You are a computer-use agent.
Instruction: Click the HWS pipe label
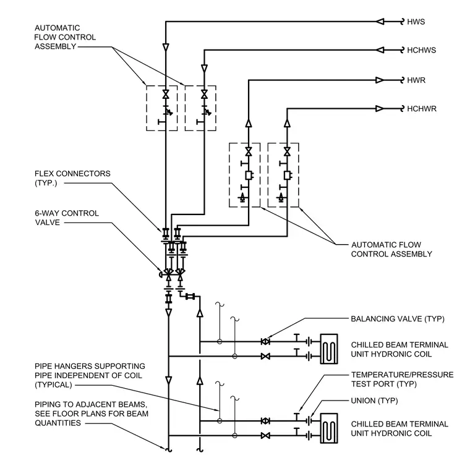[x=416, y=22]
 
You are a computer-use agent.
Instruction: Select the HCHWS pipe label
[x=421, y=50]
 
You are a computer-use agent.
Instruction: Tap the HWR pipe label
[x=416, y=80]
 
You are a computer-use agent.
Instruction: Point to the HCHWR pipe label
[x=421, y=108]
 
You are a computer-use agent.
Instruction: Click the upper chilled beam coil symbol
[x=329, y=349]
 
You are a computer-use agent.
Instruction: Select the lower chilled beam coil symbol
[x=329, y=428]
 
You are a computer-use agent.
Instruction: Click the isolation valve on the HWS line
[x=166, y=95]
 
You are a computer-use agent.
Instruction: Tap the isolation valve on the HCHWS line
[x=205, y=95]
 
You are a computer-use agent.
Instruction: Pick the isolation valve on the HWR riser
[x=249, y=151]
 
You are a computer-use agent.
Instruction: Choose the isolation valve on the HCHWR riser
[x=287, y=151]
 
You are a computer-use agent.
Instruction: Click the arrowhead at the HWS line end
[x=380, y=22]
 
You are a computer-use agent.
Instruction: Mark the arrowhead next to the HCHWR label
[x=380, y=108]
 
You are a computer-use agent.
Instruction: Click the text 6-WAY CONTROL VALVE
[x=67, y=218]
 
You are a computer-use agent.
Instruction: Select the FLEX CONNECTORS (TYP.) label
[x=72, y=178]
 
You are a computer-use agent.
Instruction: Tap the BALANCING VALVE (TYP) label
[x=398, y=319]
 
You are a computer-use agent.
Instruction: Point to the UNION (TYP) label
[x=374, y=401]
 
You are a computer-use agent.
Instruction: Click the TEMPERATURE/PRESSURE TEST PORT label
[x=402, y=380]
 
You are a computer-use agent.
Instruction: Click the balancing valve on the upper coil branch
[x=265, y=341]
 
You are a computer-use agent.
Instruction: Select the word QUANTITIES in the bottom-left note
[x=58, y=423]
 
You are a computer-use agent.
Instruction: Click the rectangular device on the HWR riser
[x=249, y=176]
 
